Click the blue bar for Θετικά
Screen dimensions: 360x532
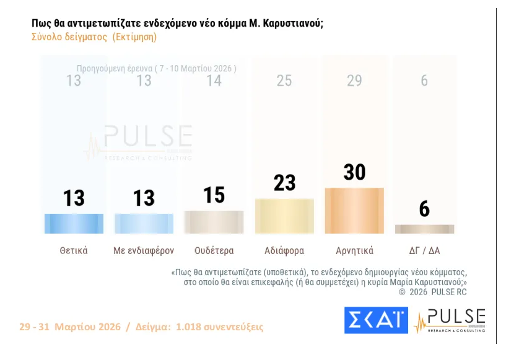tap(74, 223)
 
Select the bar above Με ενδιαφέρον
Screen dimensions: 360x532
tap(144, 223)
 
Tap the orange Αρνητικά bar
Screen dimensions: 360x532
tap(354, 211)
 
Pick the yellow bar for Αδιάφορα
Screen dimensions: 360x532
tap(284, 216)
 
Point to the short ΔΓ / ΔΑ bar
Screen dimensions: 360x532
tap(424, 229)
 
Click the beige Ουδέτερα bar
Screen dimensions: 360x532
tap(214, 222)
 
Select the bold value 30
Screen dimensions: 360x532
tap(354, 172)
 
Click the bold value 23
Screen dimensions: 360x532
tap(284, 183)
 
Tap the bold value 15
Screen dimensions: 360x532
tap(214, 195)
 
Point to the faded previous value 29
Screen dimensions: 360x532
tap(354, 81)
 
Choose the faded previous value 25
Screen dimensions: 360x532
tap(284, 81)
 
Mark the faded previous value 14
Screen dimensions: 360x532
tap(214, 81)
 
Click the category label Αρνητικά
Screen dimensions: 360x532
tap(354, 251)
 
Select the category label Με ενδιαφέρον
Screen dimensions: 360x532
tap(144, 251)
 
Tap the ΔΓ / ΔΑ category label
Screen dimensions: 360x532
tap(424, 251)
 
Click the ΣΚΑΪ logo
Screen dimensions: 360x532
tap(376, 320)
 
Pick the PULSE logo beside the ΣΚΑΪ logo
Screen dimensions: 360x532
tap(450, 320)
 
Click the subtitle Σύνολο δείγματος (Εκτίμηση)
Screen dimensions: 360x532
tap(94, 37)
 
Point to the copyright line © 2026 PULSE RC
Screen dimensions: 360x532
tap(432, 291)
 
